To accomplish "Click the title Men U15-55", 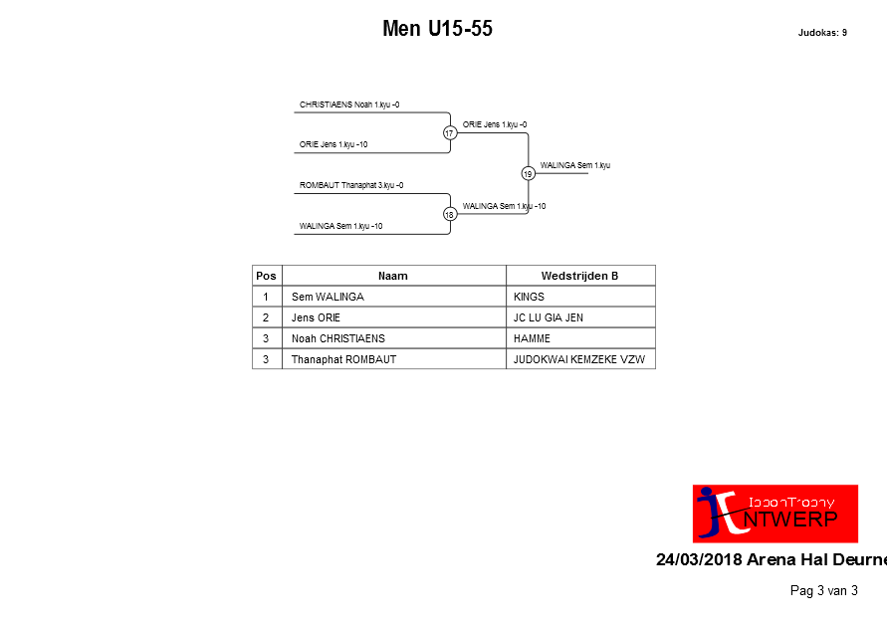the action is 437,28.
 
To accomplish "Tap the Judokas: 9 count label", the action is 822,33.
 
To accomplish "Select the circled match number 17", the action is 450,132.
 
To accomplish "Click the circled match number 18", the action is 450,214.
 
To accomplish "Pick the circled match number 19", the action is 528,173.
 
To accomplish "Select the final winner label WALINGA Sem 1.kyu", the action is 575,165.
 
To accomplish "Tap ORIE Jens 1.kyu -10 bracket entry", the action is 333,144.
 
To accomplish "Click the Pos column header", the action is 267,276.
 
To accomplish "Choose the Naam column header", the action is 393,276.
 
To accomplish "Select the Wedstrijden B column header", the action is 579,276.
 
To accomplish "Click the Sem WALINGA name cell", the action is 329,297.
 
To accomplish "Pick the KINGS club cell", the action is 529,297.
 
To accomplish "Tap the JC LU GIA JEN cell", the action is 549,317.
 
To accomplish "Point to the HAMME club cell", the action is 532,338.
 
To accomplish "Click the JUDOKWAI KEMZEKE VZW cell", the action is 579,359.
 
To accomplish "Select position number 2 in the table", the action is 266,317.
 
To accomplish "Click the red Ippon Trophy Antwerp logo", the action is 775,514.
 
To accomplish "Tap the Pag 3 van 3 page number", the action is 824,591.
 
